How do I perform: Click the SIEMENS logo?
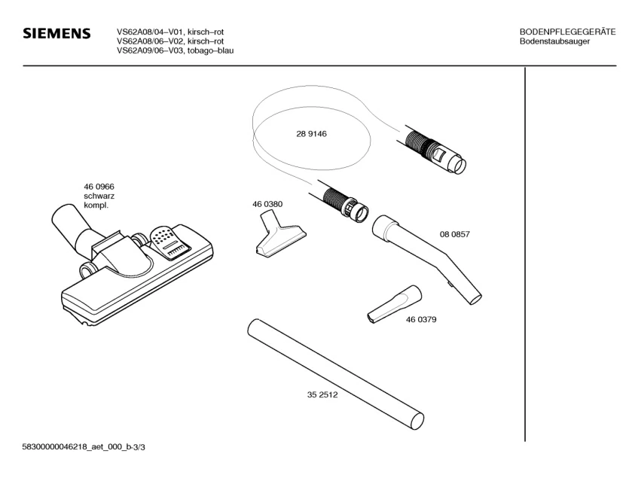point(56,34)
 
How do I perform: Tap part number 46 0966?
point(98,187)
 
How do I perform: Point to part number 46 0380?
point(267,204)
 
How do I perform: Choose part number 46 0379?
point(421,319)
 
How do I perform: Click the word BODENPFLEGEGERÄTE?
point(567,32)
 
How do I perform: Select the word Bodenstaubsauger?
point(554,41)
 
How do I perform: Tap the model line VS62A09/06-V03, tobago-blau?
point(174,50)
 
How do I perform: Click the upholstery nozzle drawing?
point(279,238)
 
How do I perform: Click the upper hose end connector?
point(438,151)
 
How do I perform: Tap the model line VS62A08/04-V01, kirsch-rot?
point(169,32)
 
